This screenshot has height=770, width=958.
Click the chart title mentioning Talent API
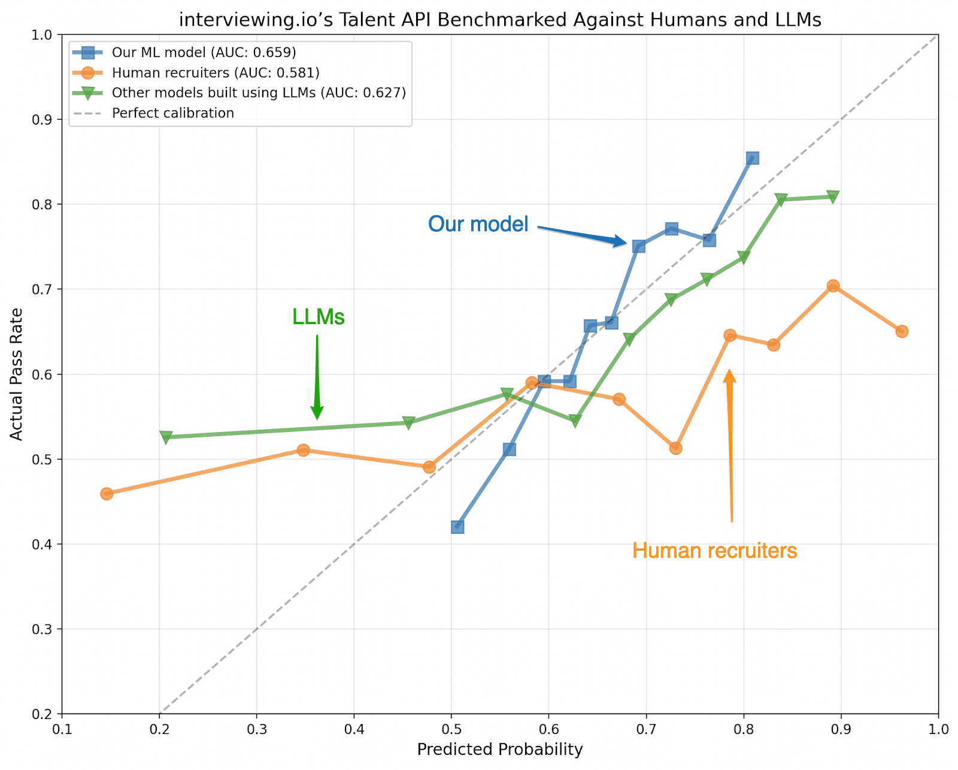click(x=500, y=20)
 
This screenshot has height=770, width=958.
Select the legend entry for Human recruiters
click(x=216, y=73)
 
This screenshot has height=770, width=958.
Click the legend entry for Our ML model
click(x=204, y=52)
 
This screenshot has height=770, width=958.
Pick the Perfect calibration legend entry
click(x=172, y=113)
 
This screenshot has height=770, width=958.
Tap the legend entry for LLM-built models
click(x=259, y=93)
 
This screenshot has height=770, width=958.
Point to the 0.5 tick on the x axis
click(x=451, y=729)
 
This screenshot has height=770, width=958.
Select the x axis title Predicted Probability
click(x=500, y=750)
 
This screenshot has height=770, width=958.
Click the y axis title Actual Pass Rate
click(x=17, y=375)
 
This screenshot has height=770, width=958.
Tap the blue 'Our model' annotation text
click(x=478, y=224)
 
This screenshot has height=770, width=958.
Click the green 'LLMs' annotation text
click(x=318, y=317)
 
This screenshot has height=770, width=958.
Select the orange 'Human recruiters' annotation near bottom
click(x=714, y=551)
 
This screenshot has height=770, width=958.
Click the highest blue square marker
click(x=753, y=158)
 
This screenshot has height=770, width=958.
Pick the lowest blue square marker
click(x=457, y=527)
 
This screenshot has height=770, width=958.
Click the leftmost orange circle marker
click(x=107, y=494)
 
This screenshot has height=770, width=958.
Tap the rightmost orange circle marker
click(x=902, y=331)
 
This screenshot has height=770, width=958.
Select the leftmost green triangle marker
click(x=166, y=437)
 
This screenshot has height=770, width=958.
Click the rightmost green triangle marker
click(x=833, y=197)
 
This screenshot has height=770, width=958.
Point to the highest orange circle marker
click(x=833, y=286)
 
